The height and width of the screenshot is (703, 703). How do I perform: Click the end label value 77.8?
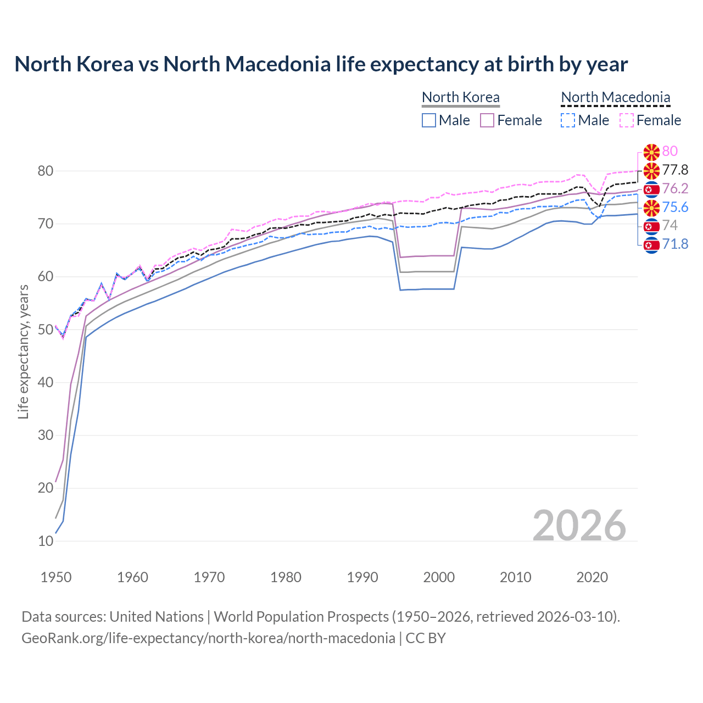(675, 170)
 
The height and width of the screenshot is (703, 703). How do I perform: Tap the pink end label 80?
(670, 151)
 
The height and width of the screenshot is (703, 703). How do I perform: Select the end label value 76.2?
(675, 188)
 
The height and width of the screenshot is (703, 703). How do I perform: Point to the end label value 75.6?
(675, 207)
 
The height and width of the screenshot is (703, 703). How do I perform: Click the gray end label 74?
(670, 225)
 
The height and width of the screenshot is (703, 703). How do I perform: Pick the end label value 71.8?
(675, 244)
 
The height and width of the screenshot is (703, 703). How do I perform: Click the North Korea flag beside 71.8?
(651, 244)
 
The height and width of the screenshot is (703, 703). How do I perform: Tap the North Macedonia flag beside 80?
(651, 152)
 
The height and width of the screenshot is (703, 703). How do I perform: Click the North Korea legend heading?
(460, 97)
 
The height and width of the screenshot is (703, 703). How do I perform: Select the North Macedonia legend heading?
(615, 97)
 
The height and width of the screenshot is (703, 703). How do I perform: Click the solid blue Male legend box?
(429, 120)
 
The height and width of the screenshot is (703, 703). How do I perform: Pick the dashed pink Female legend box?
(626, 120)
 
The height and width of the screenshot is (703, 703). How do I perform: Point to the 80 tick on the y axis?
(45, 171)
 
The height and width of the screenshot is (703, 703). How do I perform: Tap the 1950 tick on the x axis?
(56, 577)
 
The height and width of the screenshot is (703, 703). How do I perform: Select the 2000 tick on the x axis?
(439, 577)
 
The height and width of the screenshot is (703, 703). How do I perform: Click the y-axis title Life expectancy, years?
(23, 351)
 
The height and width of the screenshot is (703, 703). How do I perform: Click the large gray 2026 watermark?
(579, 526)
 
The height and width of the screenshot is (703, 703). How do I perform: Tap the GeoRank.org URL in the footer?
(208, 638)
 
